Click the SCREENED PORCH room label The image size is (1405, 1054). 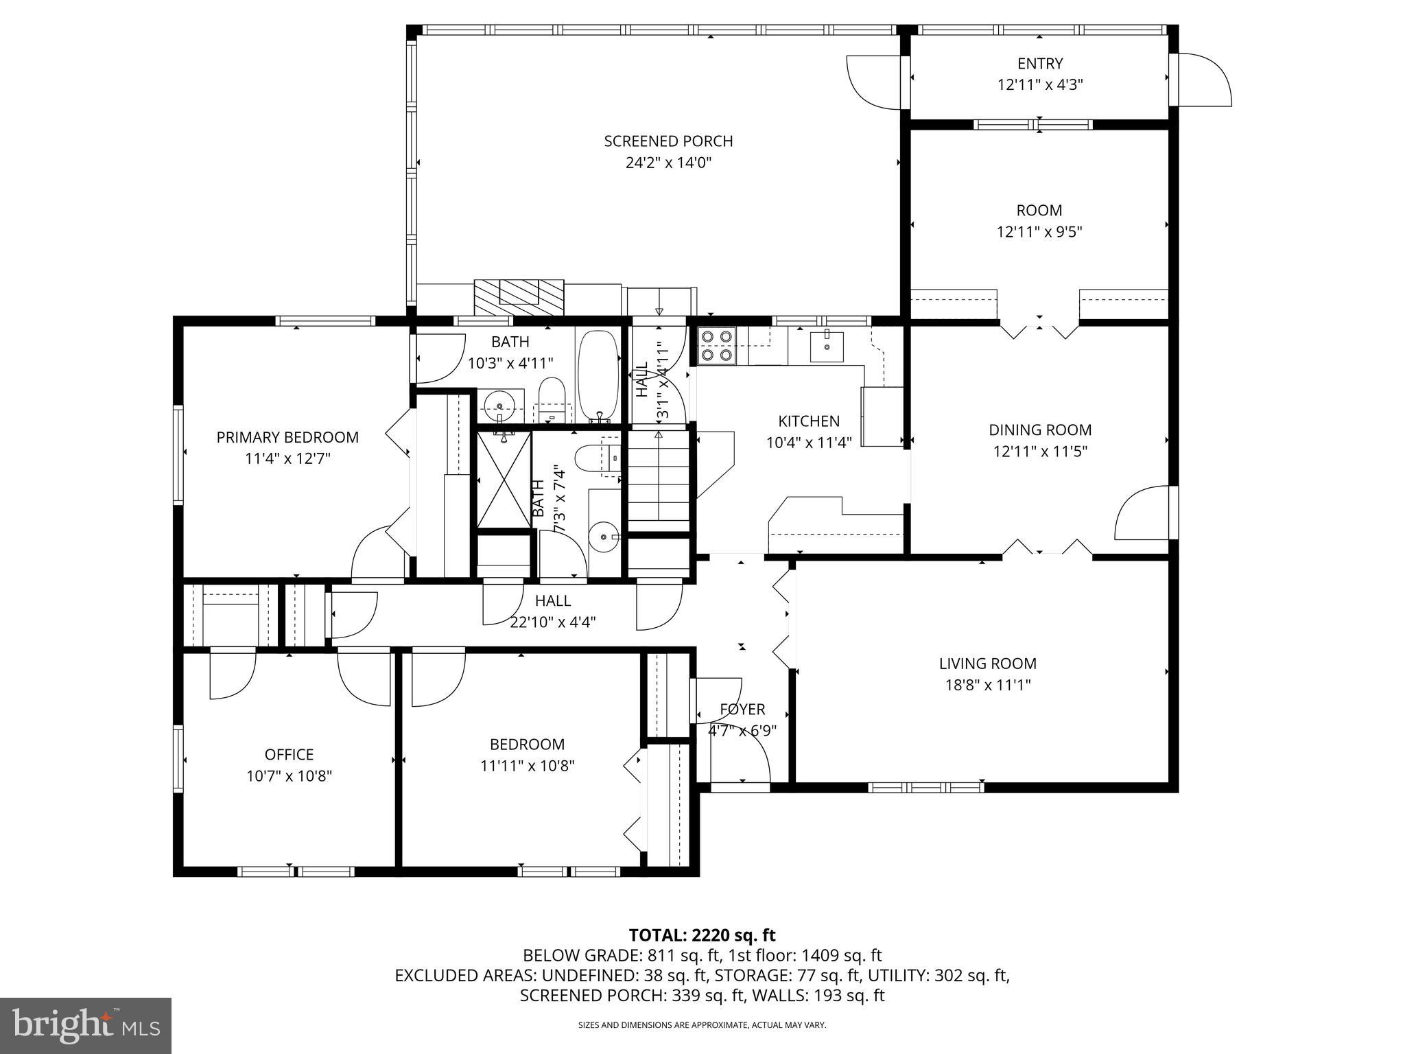(x=668, y=141)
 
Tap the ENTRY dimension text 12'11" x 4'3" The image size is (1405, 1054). (x=1039, y=85)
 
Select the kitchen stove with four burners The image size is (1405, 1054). (x=717, y=345)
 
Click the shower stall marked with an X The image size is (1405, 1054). (x=504, y=478)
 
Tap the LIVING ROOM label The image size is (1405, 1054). (x=987, y=664)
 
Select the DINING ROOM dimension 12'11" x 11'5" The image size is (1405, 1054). (x=1039, y=452)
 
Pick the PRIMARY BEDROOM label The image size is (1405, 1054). (x=287, y=437)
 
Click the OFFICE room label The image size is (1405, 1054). (x=289, y=755)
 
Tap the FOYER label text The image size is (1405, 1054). (x=742, y=710)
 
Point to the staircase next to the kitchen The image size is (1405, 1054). (x=659, y=480)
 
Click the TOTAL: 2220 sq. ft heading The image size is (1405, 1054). (x=702, y=935)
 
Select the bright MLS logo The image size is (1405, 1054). (x=86, y=1026)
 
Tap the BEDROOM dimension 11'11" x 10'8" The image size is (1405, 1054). (x=527, y=766)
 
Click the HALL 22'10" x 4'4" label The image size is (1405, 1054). (x=553, y=611)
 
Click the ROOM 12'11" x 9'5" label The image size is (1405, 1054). (x=1039, y=220)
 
